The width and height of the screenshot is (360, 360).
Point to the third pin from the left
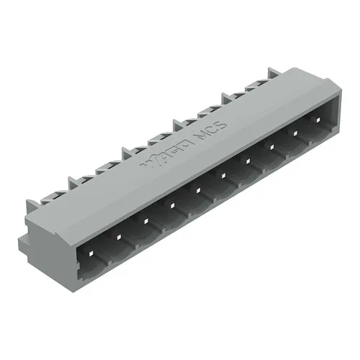click(x=145, y=220)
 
